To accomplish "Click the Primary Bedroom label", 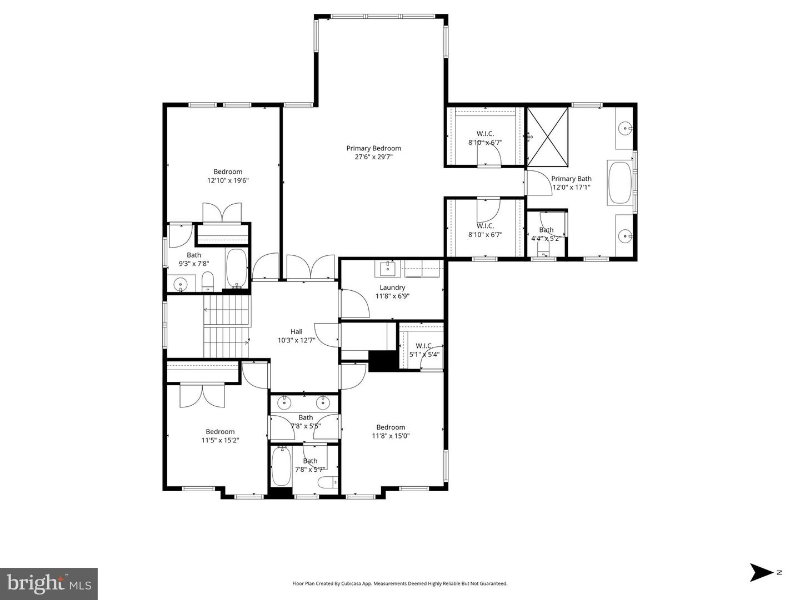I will click(x=373, y=148).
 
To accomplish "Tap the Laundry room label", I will click(x=392, y=288).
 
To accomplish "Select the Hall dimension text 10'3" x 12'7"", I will click(x=296, y=340).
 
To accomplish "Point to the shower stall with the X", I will click(x=547, y=137).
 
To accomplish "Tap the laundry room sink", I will click(x=388, y=269).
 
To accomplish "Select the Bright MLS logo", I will click(x=49, y=583).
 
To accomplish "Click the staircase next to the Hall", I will click(x=227, y=326).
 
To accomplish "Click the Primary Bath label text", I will click(x=571, y=179).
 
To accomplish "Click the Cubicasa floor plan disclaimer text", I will click(x=399, y=583).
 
